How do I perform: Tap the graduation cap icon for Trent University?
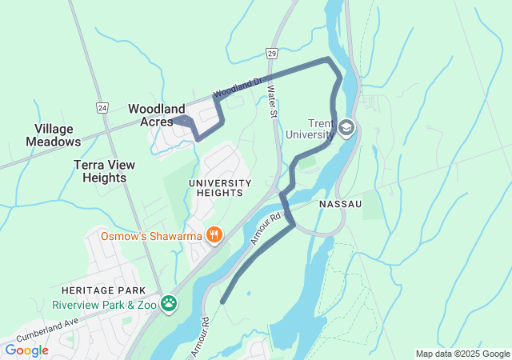346,128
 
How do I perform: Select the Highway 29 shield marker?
272,52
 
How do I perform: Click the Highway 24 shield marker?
102,106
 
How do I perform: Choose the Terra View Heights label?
104,170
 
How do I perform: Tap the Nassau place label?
340,205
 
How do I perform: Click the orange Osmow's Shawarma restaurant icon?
214,235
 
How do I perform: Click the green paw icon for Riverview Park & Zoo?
169,303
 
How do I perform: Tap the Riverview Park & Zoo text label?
103,304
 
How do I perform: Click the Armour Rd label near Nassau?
266,229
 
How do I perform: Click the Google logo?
26,350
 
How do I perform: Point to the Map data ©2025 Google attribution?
462,354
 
